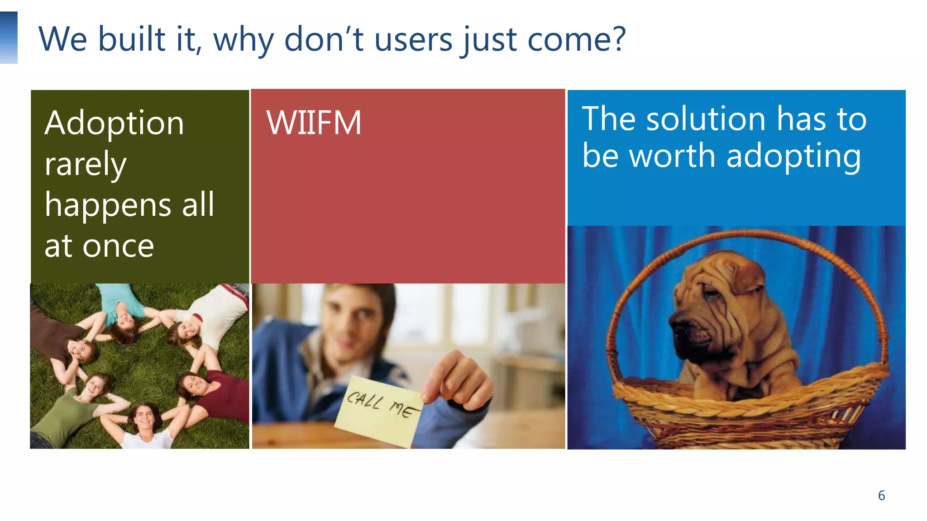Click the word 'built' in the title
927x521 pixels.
pyautogui.click(x=132, y=39)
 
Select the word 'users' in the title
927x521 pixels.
pyautogui.click(x=413, y=40)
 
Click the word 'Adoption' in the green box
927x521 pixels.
pyautogui.click(x=114, y=123)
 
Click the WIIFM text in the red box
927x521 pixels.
pyautogui.click(x=314, y=123)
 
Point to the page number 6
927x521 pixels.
pyautogui.click(x=881, y=495)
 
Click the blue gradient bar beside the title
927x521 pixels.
pyautogui.click(x=9, y=38)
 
